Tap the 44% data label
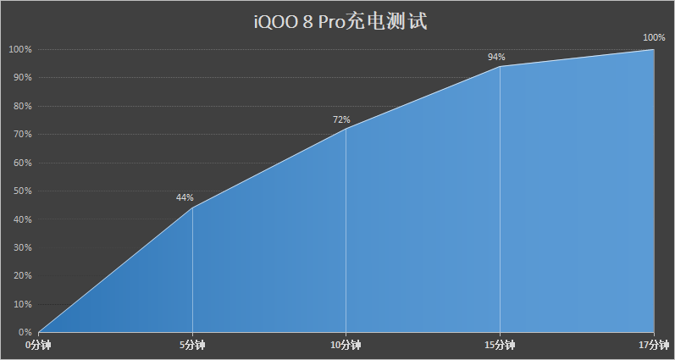click(x=185, y=197)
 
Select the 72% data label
click(x=341, y=120)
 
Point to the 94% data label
click(x=496, y=57)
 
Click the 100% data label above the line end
click(x=654, y=37)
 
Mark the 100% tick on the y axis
click(x=19, y=49)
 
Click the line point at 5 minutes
click(x=192, y=208)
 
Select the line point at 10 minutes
click(x=346, y=129)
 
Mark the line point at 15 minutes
click(x=500, y=66)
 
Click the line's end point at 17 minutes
click(x=654, y=49)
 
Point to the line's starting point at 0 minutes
click(x=39, y=331)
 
